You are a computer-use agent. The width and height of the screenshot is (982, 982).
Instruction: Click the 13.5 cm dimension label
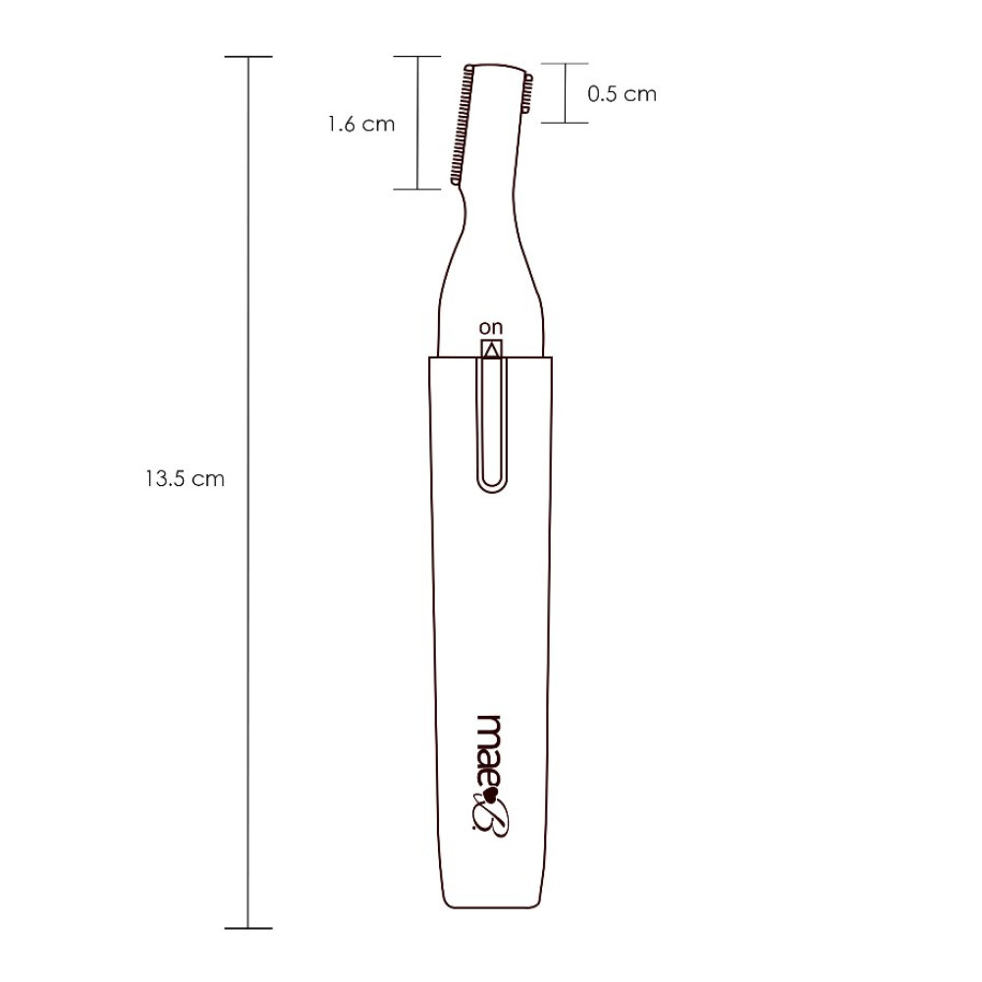186,479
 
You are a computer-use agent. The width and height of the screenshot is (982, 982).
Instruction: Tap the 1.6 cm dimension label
361,124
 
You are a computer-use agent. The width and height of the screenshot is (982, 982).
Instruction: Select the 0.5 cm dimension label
622,94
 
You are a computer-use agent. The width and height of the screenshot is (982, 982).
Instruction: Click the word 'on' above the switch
491,328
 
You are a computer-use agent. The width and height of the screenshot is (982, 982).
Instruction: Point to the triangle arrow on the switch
492,351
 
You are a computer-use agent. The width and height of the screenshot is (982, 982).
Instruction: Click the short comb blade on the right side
527,94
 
